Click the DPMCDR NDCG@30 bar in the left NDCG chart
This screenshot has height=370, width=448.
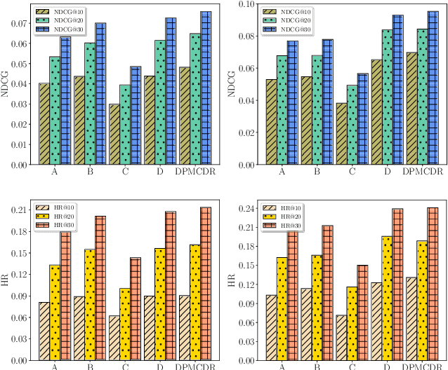tap(206, 88)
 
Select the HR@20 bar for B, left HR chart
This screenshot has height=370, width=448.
tap(90, 305)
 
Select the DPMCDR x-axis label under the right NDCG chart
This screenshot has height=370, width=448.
tap(421, 172)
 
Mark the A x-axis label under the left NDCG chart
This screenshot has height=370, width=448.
tap(55, 172)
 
